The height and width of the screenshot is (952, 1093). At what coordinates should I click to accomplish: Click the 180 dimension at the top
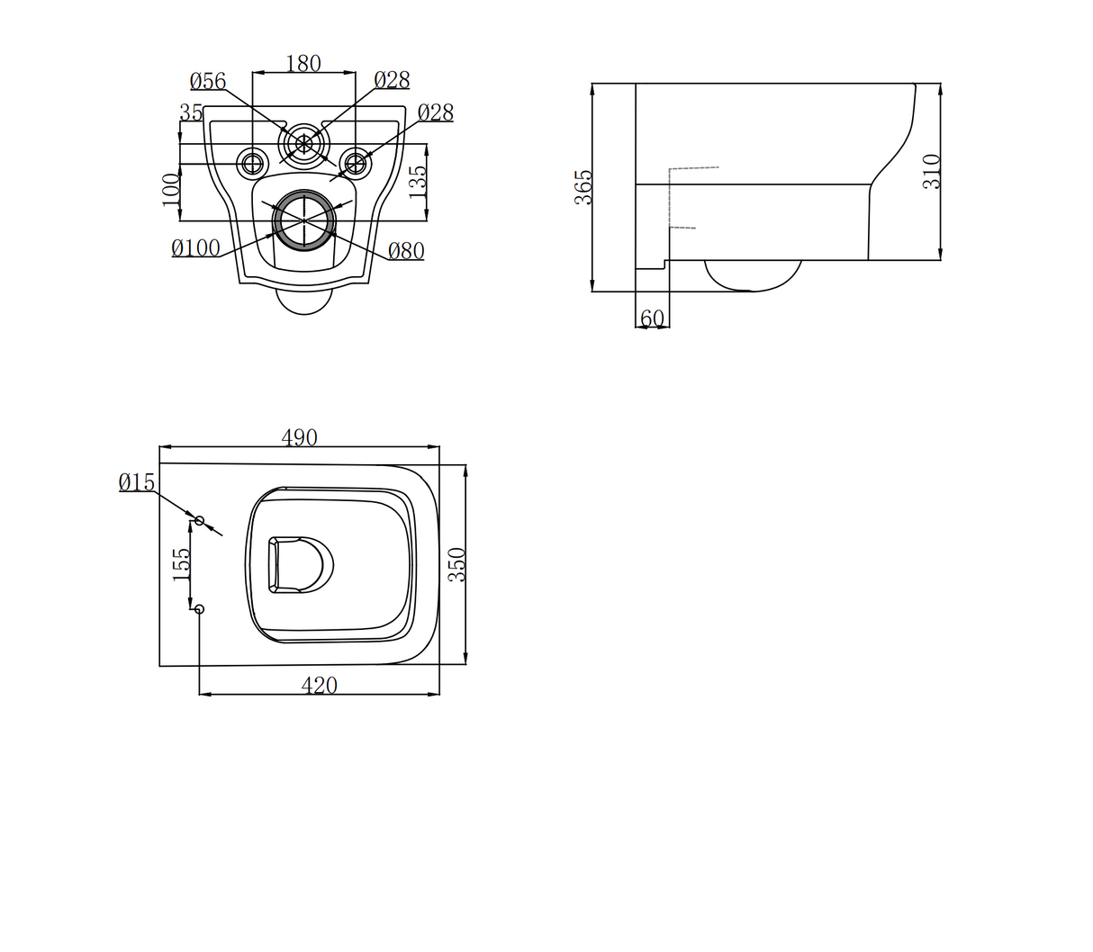[x=303, y=64]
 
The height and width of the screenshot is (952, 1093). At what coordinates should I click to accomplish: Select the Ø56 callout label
[x=208, y=81]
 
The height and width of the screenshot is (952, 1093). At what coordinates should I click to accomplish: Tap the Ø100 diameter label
[x=195, y=247]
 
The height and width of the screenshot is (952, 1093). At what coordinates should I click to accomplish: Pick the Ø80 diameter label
[x=406, y=251]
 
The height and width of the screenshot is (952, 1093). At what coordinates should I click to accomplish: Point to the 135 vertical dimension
[x=418, y=182]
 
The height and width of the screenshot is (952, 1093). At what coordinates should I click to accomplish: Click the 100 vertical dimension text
[x=171, y=190]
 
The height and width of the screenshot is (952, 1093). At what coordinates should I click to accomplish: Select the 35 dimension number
[x=191, y=112]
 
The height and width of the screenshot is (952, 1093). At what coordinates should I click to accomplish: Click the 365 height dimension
[x=583, y=187]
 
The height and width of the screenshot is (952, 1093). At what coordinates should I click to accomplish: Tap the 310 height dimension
[x=932, y=171]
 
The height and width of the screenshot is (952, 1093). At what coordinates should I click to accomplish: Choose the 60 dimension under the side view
[x=652, y=319]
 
